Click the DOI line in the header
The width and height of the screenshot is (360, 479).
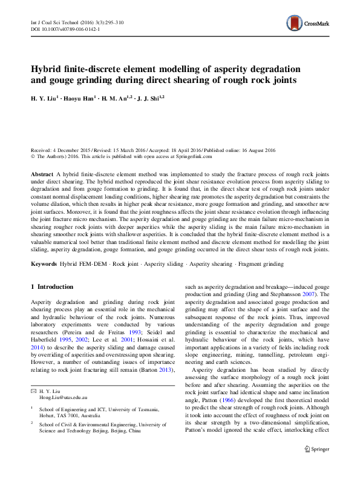[x=65, y=28]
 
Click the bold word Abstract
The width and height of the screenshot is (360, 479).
[x=41, y=174]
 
